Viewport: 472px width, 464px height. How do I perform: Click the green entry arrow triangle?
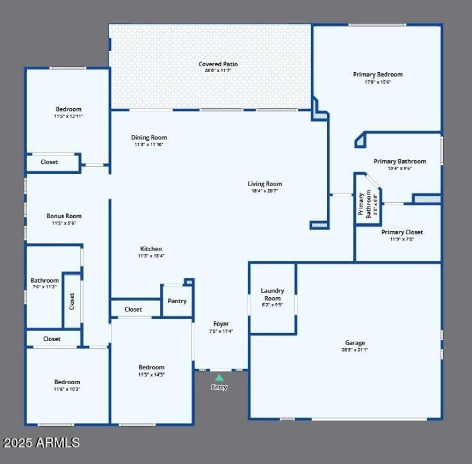[219, 377]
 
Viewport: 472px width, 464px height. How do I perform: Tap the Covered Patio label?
[218, 64]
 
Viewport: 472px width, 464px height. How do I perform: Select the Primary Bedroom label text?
[378, 74]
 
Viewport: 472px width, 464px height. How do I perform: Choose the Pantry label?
[177, 301]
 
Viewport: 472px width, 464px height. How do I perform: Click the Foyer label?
[221, 324]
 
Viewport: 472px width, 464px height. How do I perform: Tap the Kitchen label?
[151, 249]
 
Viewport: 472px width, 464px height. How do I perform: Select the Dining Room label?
[149, 138]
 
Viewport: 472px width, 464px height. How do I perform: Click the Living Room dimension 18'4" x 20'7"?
[264, 191]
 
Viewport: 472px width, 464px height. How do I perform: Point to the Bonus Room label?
[64, 216]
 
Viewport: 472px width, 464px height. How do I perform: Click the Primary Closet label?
[402, 232]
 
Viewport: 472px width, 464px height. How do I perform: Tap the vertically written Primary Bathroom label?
[361, 204]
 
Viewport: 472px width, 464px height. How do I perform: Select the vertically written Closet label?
[72, 301]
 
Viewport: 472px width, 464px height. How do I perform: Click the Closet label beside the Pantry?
[133, 309]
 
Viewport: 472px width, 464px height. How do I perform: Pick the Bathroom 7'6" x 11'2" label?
[45, 281]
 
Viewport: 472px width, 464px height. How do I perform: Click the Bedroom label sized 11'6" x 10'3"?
[67, 382]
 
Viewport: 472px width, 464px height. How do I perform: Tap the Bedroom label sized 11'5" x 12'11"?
[68, 109]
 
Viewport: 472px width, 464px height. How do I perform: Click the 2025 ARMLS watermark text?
[41, 442]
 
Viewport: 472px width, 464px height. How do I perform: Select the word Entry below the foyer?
[219, 388]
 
